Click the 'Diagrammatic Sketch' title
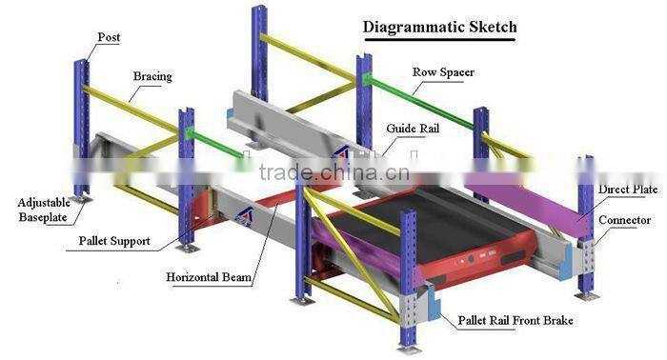(x=439, y=26)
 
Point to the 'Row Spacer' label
(x=443, y=71)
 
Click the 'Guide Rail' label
(x=413, y=128)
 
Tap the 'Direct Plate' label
(x=627, y=190)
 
